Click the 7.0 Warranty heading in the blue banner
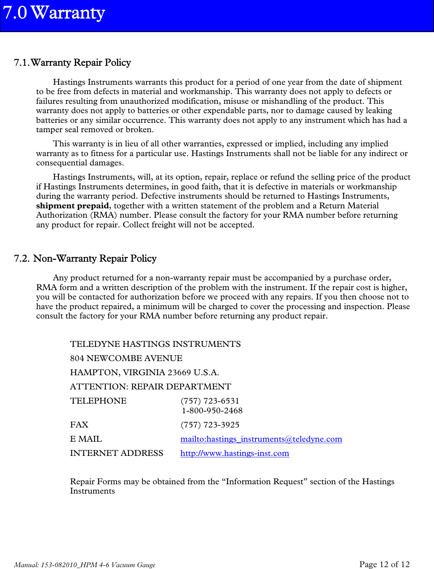point(54,13)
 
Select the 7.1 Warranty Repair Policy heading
point(72,63)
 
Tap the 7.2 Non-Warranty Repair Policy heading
point(85,259)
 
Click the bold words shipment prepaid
point(72,206)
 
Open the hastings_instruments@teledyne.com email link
point(261,439)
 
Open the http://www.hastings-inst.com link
point(235,453)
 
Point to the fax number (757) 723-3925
point(210,425)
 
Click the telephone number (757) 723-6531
point(210,401)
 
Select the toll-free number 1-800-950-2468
point(212,411)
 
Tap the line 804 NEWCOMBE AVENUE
point(126,358)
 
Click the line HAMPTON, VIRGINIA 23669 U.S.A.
point(144,373)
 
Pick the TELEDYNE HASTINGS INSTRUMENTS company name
point(155,344)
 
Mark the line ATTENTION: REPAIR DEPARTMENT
point(150,387)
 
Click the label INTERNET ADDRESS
point(116,453)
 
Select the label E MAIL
point(86,439)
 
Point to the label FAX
point(79,425)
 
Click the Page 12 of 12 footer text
point(384,564)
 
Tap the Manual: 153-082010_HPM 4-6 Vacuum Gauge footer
point(85,565)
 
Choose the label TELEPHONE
point(98,401)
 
